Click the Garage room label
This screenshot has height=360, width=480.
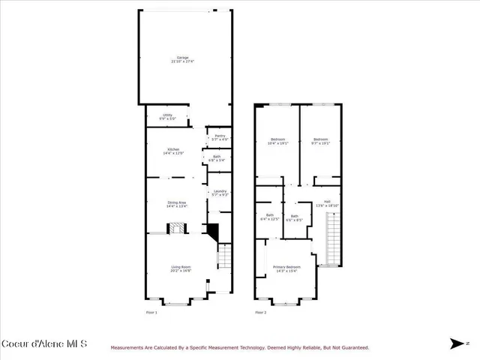(182, 59)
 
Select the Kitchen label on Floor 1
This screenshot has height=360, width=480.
(173, 151)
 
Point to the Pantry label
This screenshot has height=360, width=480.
(220, 137)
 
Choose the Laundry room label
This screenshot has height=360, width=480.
(220, 193)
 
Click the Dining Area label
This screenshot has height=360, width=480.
(177, 203)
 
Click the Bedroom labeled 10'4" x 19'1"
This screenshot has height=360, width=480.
(277, 141)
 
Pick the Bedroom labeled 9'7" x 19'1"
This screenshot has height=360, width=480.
(321, 141)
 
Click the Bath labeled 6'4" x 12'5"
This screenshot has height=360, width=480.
(270, 217)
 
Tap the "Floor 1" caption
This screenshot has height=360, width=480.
(151, 312)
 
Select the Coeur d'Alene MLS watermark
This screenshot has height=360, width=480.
(44, 344)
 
